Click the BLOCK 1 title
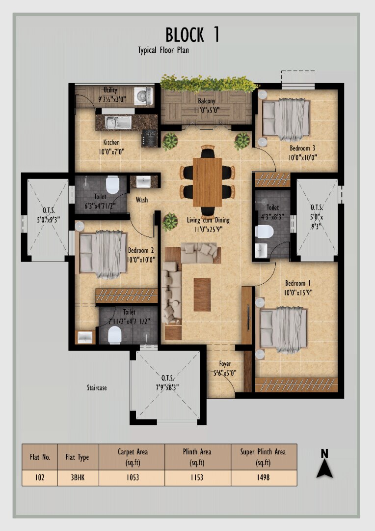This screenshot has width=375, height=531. point(192,34)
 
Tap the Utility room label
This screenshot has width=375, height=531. point(110,90)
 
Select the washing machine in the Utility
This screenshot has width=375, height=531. point(143,95)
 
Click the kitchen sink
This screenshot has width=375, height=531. point(118,122)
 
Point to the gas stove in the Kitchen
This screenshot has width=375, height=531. point(149,138)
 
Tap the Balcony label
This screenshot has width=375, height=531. point(207,101)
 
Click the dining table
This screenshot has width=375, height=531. point(207,182)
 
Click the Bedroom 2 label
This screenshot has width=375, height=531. point(141,251)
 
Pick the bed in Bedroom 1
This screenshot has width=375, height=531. point(283,329)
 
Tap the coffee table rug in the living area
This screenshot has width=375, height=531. point(202,295)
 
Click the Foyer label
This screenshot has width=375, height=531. point(225,364)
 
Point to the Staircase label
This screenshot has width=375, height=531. point(97,388)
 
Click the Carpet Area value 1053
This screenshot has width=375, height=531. point(133,477)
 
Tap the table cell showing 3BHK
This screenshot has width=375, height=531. point(78,478)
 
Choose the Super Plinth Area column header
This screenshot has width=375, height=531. point(263,457)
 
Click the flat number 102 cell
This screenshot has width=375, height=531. point(40,478)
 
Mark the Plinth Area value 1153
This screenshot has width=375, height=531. point(197,477)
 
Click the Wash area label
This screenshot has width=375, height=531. point(142,200)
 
